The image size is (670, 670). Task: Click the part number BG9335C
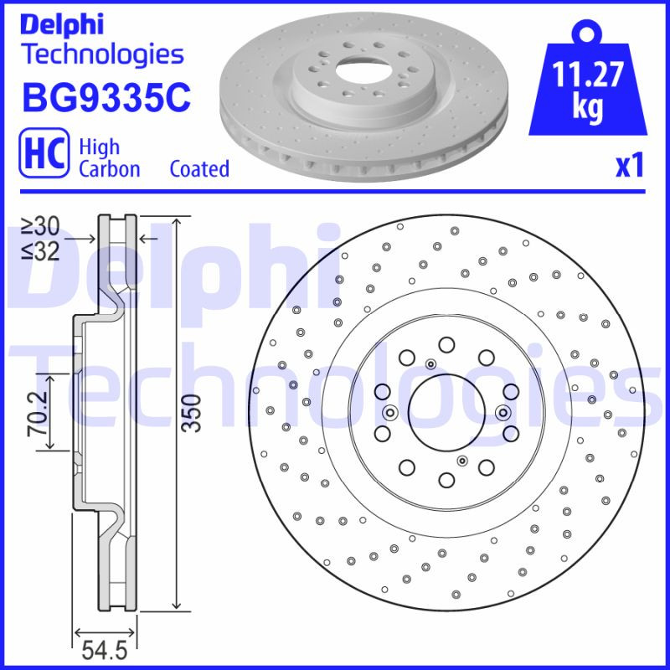pos(106,98)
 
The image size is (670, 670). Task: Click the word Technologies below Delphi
pos(101,55)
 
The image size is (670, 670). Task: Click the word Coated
pos(199,168)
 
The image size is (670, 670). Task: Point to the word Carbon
pos(109,168)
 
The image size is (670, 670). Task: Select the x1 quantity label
pos(630,166)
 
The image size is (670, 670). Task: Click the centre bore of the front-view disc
pos(446,411)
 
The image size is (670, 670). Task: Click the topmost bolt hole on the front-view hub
pos(446,344)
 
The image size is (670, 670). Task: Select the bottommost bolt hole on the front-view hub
pos(446,479)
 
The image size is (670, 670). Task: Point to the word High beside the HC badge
pos(98,147)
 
